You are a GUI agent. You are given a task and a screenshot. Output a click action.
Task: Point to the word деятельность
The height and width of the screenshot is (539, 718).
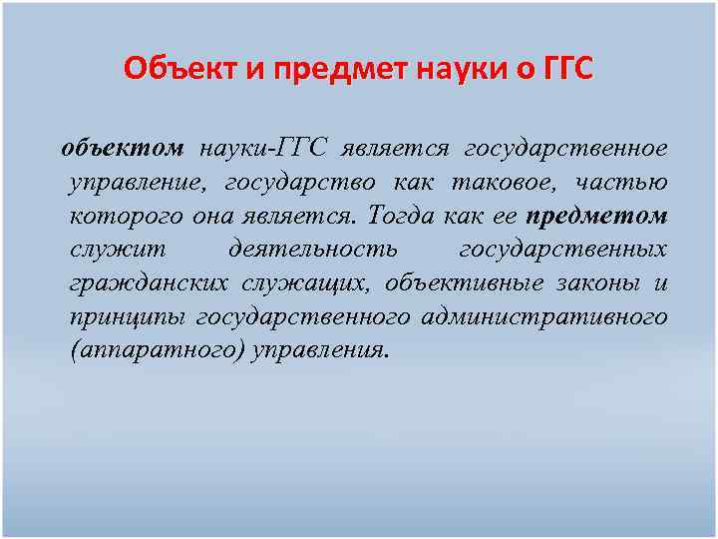312,250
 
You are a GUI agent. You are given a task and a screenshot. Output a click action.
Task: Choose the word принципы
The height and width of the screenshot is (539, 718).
128,317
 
